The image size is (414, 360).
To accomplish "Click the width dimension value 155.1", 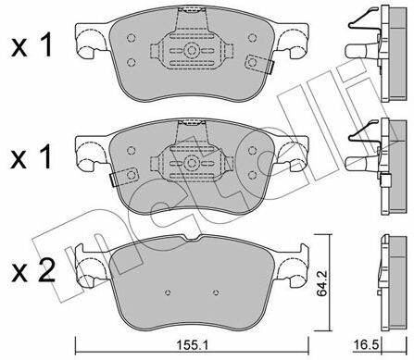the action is pyautogui.click(x=192, y=345).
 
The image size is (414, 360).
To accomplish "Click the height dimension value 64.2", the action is pyautogui.click(x=321, y=283).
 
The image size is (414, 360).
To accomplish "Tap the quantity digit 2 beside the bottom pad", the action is pyautogui.click(x=46, y=270).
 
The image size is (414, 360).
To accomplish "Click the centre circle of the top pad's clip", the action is pyautogui.click(x=192, y=50).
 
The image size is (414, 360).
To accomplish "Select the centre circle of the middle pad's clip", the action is pyautogui.click(x=192, y=164).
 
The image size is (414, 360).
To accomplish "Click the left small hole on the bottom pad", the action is pyautogui.click(x=168, y=292).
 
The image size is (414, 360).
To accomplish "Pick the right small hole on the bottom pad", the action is pyautogui.click(x=216, y=292).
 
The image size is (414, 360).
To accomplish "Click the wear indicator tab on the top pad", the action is pyautogui.click(x=259, y=64).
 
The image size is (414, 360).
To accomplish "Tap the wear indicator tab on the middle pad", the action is pyautogui.click(x=124, y=177).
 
